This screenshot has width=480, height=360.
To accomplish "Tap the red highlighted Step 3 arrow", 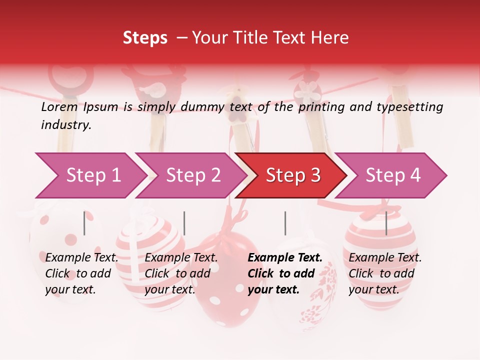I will click(292, 175).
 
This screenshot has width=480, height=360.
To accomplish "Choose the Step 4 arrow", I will click(393, 175).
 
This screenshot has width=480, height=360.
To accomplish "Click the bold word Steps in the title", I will click(145, 37).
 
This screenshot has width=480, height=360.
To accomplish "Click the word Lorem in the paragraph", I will click(59, 106).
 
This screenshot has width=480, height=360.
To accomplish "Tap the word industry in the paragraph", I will click(65, 125).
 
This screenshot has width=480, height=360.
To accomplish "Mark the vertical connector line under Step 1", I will click(84, 223).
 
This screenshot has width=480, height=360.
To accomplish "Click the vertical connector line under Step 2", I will click(184, 223).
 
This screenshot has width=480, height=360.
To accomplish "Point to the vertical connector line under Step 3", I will click(285, 223).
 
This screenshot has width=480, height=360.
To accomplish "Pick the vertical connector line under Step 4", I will click(386, 223).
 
